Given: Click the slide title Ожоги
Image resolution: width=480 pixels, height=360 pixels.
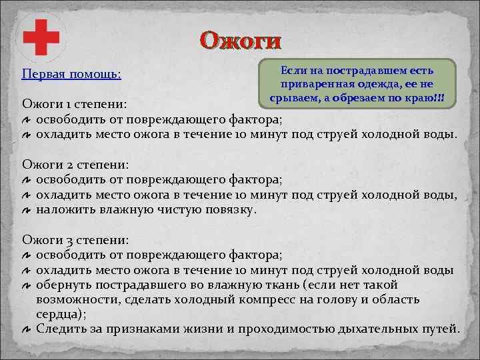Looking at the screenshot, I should [x=241, y=41].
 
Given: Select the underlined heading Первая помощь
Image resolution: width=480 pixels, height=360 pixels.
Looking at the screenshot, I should [x=71, y=73].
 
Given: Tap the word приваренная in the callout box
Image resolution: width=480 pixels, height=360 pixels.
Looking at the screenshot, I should [x=316, y=85].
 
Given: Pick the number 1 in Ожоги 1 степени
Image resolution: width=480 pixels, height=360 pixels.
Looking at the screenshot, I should [x=65, y=105].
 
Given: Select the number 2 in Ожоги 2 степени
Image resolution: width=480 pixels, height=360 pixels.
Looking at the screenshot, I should [x=66, y=164].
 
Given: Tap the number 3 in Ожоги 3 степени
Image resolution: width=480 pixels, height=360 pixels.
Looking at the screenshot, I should [x=66, y=239].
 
